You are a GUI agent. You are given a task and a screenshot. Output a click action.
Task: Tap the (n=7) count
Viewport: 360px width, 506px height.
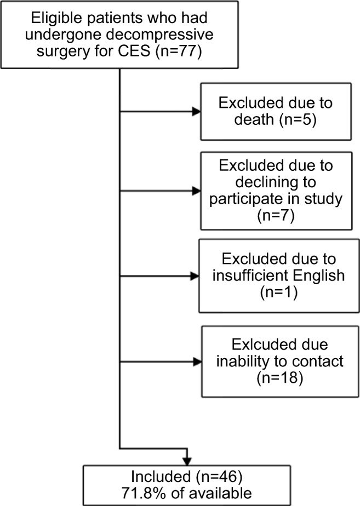(276, 216)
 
